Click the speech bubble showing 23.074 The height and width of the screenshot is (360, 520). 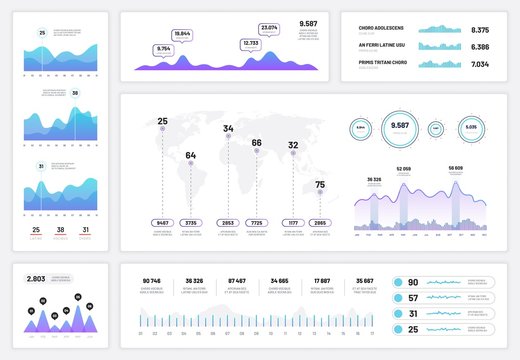pos(269,28)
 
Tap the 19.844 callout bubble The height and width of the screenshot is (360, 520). pos(183,34)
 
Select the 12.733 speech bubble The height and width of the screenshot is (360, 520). pos(250,43)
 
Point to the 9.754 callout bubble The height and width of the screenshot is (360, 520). pos(164,48)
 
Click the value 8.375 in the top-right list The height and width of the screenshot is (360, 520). pos(479,30)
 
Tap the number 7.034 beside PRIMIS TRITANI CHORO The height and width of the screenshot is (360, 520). pos(479,64)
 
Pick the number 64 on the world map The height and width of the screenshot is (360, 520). pos(190,155)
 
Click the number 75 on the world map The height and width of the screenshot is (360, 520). pos(319,184)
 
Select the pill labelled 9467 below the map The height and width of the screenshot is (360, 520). pos(163,223)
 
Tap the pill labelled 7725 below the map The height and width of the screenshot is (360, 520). pos(256,223)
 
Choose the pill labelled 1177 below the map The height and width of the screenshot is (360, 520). pos(293,223)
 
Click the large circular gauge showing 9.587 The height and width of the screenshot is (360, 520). pos(401,127)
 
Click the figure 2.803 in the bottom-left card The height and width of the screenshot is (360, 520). pos(36,278)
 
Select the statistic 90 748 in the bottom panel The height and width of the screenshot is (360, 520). pos(152,281)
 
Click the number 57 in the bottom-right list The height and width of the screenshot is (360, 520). pos(412,298)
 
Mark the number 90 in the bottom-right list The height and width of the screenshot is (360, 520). pos(412,282)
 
